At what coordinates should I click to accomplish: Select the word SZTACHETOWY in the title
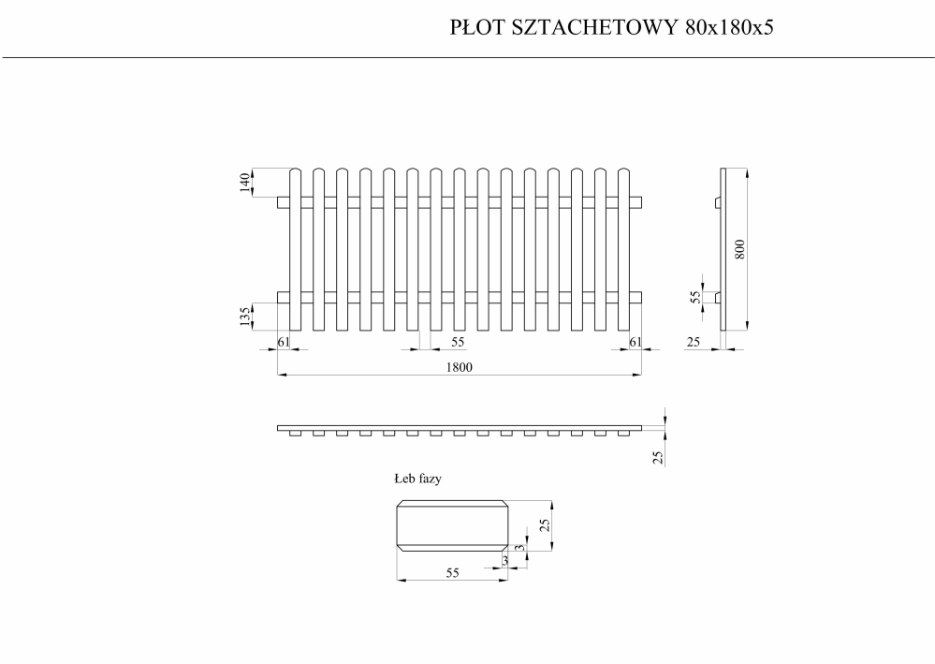pos(595,27)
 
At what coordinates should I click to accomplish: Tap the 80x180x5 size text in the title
pos(729,27)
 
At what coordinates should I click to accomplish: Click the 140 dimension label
pos(244,183)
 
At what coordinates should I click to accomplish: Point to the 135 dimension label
pos(244,317)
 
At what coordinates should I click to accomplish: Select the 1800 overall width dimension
pos(460,367)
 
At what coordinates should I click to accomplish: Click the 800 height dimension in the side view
pos(739,249)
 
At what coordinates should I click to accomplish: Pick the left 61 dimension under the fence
pos(284,342)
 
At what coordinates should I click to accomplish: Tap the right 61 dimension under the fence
pos(636,342)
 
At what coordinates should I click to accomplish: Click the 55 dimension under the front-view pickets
pos(458,342)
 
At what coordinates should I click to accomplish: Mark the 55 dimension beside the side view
pos(695,297)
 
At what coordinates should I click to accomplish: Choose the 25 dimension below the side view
pos(694,342)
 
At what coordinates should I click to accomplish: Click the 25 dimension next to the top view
pos(658,458)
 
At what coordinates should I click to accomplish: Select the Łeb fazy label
pos(417,479)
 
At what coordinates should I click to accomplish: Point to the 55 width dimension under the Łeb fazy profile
pos(453,573)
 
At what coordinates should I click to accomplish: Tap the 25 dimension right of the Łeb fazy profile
pos(544,525)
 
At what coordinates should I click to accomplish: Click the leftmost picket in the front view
pos(295,249)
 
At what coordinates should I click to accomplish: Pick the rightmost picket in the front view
pos(623,249)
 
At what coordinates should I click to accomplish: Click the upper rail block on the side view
pos(717,203)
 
